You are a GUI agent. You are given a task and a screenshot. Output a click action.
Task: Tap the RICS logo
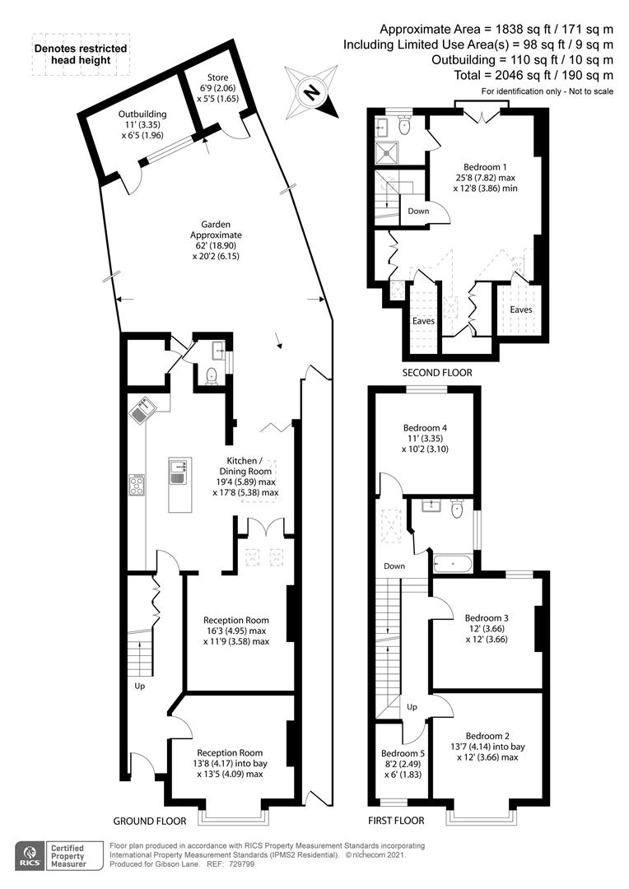(x=30, y=856)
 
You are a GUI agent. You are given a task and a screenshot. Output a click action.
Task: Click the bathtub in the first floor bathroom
(x=453, y=564)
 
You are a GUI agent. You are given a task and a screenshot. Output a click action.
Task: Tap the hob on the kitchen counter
(x=137, y=486)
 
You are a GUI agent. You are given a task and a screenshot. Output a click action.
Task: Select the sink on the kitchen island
(x=178, y=472)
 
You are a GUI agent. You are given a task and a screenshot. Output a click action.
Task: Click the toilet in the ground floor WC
(x=211, y=375)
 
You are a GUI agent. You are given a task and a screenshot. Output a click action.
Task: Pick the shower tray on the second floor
(x=388, y=152)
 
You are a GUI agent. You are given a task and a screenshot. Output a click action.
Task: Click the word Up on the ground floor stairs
(x=139, y=686)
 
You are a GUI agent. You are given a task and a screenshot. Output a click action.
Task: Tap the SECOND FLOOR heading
(x=436, y=373)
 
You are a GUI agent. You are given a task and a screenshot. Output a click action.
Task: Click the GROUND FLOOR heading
(x=150, y=821)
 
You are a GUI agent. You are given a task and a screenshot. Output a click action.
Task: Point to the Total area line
(x=533, y=75)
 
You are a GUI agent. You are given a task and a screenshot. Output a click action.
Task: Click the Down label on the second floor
(x=418, y=211)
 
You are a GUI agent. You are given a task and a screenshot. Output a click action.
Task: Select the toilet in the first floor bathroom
(x=457, y=509)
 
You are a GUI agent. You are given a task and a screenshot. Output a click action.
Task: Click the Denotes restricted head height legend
(x=80, y=54)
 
